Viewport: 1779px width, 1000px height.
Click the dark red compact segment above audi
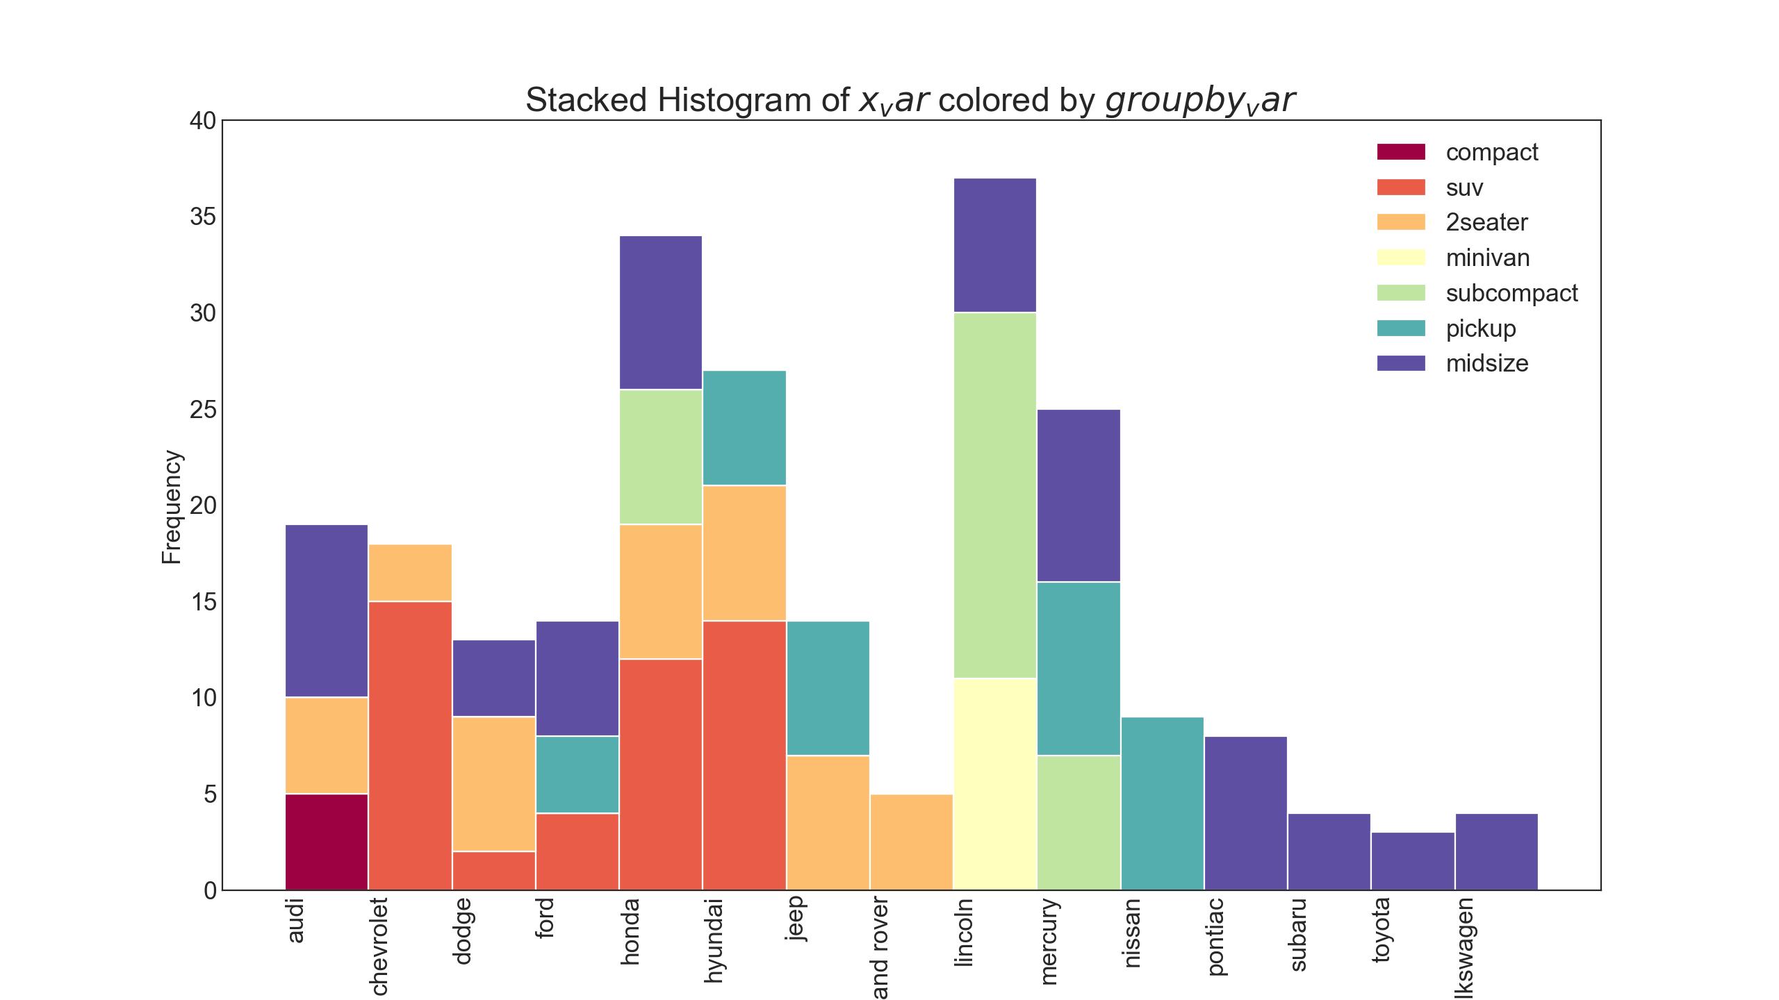[x=327, y=842]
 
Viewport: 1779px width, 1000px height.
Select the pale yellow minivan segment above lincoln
[x=994, y=784]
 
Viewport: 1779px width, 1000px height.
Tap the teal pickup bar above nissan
[x=1162, y=803]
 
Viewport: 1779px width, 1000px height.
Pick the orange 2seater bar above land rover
[x=911, y=842]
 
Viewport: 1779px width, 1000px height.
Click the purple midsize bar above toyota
[x=1413, y=861]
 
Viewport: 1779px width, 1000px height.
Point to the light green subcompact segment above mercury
[x=1079, y=822]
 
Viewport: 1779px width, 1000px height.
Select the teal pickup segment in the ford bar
[x=577, y=774]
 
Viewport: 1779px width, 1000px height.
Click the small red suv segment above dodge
[x=493, y=871]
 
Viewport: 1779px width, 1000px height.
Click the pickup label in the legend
[x=1480, y=328]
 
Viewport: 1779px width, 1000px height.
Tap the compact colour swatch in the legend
[x=1401, y=152]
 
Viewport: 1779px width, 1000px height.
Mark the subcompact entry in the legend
[x=1511, y=293]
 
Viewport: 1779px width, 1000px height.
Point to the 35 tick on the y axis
[x=203, y=217]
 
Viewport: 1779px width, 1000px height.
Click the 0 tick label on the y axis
[x=210, y=890]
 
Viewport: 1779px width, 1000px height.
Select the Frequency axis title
[x=171, y=507]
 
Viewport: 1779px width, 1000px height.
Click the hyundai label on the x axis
[x=714, y=941]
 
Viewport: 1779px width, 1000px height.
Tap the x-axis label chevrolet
[x=379, y=947]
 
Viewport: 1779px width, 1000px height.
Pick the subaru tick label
[x=1297, y=935]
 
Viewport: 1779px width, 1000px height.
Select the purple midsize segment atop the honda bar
[x=661, y=312]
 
